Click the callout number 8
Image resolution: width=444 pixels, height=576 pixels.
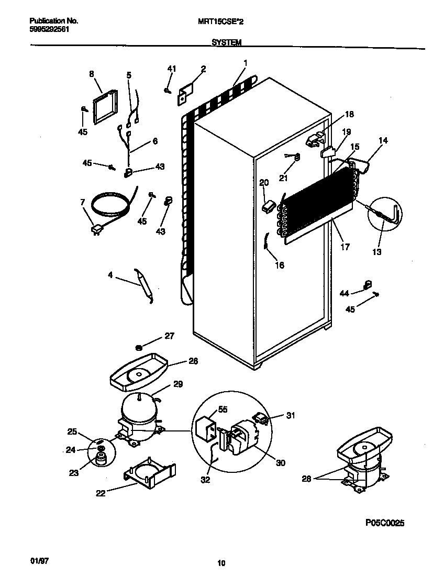point(92,74)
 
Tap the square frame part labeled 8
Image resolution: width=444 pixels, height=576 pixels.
point(107,108)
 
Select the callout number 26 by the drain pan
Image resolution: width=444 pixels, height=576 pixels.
point(179,361)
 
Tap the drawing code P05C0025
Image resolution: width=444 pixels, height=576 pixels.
point(385,523)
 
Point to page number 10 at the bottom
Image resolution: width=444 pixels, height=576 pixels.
point(221,563)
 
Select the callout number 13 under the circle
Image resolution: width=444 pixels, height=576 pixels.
point(376,252)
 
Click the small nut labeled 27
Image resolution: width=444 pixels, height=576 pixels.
point(139,347)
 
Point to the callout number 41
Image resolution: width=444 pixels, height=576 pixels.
point(172,69)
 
